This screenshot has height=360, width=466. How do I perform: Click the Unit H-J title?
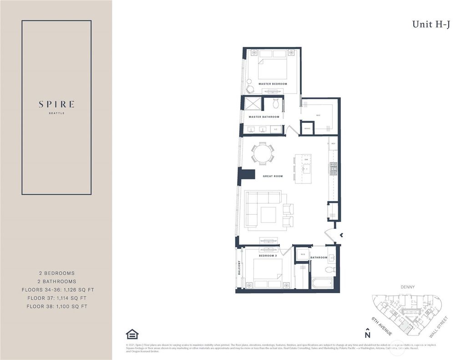point(431,25)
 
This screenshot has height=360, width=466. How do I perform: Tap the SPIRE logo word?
point(56,104)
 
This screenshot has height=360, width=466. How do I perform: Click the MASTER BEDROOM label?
point(273,84)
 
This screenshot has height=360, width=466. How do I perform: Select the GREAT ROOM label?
point(273,176)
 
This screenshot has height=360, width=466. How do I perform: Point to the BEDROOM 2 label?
point(268,256)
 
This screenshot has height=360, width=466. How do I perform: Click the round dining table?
point(263,153)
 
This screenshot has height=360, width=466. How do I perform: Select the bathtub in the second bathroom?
point(323,283)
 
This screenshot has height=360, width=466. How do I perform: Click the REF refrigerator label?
point(333,144)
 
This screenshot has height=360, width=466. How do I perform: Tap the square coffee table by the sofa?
point(268,214)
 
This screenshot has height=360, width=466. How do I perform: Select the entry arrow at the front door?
point(342,235)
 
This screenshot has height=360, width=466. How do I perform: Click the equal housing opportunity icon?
point(132,334)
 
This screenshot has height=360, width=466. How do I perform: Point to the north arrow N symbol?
point(368,334)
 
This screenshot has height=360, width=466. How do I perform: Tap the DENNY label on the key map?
point(408,287)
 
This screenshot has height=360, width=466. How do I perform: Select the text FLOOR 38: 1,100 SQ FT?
point(56,306)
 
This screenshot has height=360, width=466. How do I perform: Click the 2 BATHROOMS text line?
point(56,281)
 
